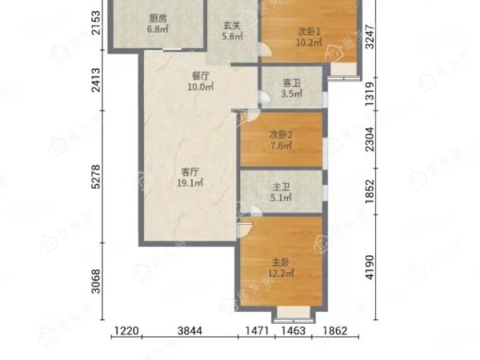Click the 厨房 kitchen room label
(158, 18)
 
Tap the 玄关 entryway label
(232, 25)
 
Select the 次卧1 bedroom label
(309, 32)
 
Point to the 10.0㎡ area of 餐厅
(200, 87)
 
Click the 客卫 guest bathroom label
(292, 83)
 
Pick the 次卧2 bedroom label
(281, 134)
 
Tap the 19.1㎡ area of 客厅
(190, 183)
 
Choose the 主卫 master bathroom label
(281, 187)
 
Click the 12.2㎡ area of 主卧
(281, 272)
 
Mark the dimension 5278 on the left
(96, 176)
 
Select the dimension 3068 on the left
(96, 281)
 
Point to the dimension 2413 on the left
(96, 80)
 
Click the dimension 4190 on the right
(370, 267)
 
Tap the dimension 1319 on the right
(370, 95)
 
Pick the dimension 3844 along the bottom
(190, 331)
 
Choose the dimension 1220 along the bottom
(126, 331)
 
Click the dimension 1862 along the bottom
(335, 331)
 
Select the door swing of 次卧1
(265, 49)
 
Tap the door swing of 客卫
(265, 97)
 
